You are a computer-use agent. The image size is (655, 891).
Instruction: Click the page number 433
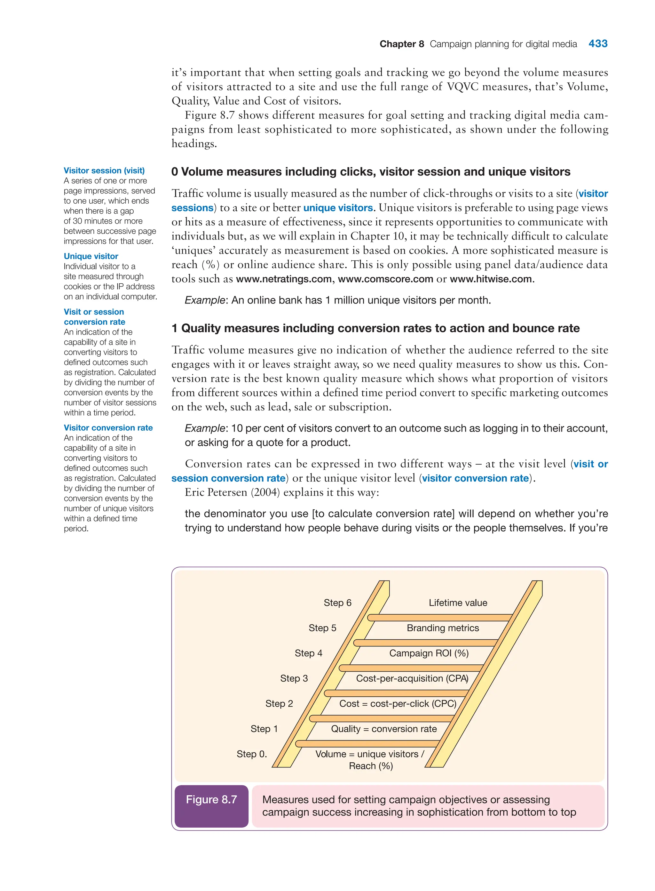click(x=597, y=44)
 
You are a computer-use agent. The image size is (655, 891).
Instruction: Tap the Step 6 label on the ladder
click(x=337, y=603)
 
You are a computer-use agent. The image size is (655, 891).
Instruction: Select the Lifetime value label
click(x=458, y=603)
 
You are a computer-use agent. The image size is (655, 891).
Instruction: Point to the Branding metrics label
click(x=443, y=628)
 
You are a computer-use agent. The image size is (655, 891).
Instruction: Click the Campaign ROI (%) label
click(x=429, y=653)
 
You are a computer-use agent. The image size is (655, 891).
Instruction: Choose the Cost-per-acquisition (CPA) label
click(x=412, y=678)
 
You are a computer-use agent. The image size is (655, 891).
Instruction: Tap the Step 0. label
click(x=252, y=754)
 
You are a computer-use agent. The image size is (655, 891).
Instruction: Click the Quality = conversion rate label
click(x=384, y=729)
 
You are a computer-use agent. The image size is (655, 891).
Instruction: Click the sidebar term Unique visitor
click(x=91, y=256)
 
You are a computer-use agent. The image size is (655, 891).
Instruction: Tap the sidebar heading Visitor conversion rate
click(x=108, y=427)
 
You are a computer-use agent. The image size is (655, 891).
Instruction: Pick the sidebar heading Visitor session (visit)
click(x=104, y=170)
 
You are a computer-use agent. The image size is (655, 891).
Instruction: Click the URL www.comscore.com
click(x=385, y=279)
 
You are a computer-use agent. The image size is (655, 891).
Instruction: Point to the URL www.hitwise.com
click(x=491, y=279)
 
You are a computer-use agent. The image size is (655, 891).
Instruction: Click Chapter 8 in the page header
click(x=402, y=44)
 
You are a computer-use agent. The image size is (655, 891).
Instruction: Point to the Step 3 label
click(x=294, y=678)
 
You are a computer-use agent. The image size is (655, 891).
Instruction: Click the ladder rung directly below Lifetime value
click(x=440, y=618)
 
